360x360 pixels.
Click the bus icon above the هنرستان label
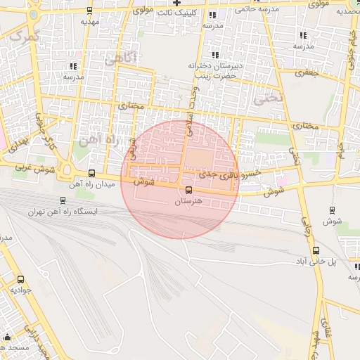click(188, 191)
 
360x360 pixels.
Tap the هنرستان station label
click(188, 201)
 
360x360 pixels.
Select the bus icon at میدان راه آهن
click(91, 174)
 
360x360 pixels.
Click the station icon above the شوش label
click(332, 210)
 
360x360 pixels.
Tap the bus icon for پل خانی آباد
click(316, 250)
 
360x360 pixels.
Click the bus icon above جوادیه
click(20, 279)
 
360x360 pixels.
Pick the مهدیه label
click(89, 21)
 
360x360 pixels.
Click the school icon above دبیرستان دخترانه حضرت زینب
click(215, 55)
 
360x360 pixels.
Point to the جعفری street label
click(307, 72)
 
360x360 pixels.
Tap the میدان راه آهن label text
click(86, 185)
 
